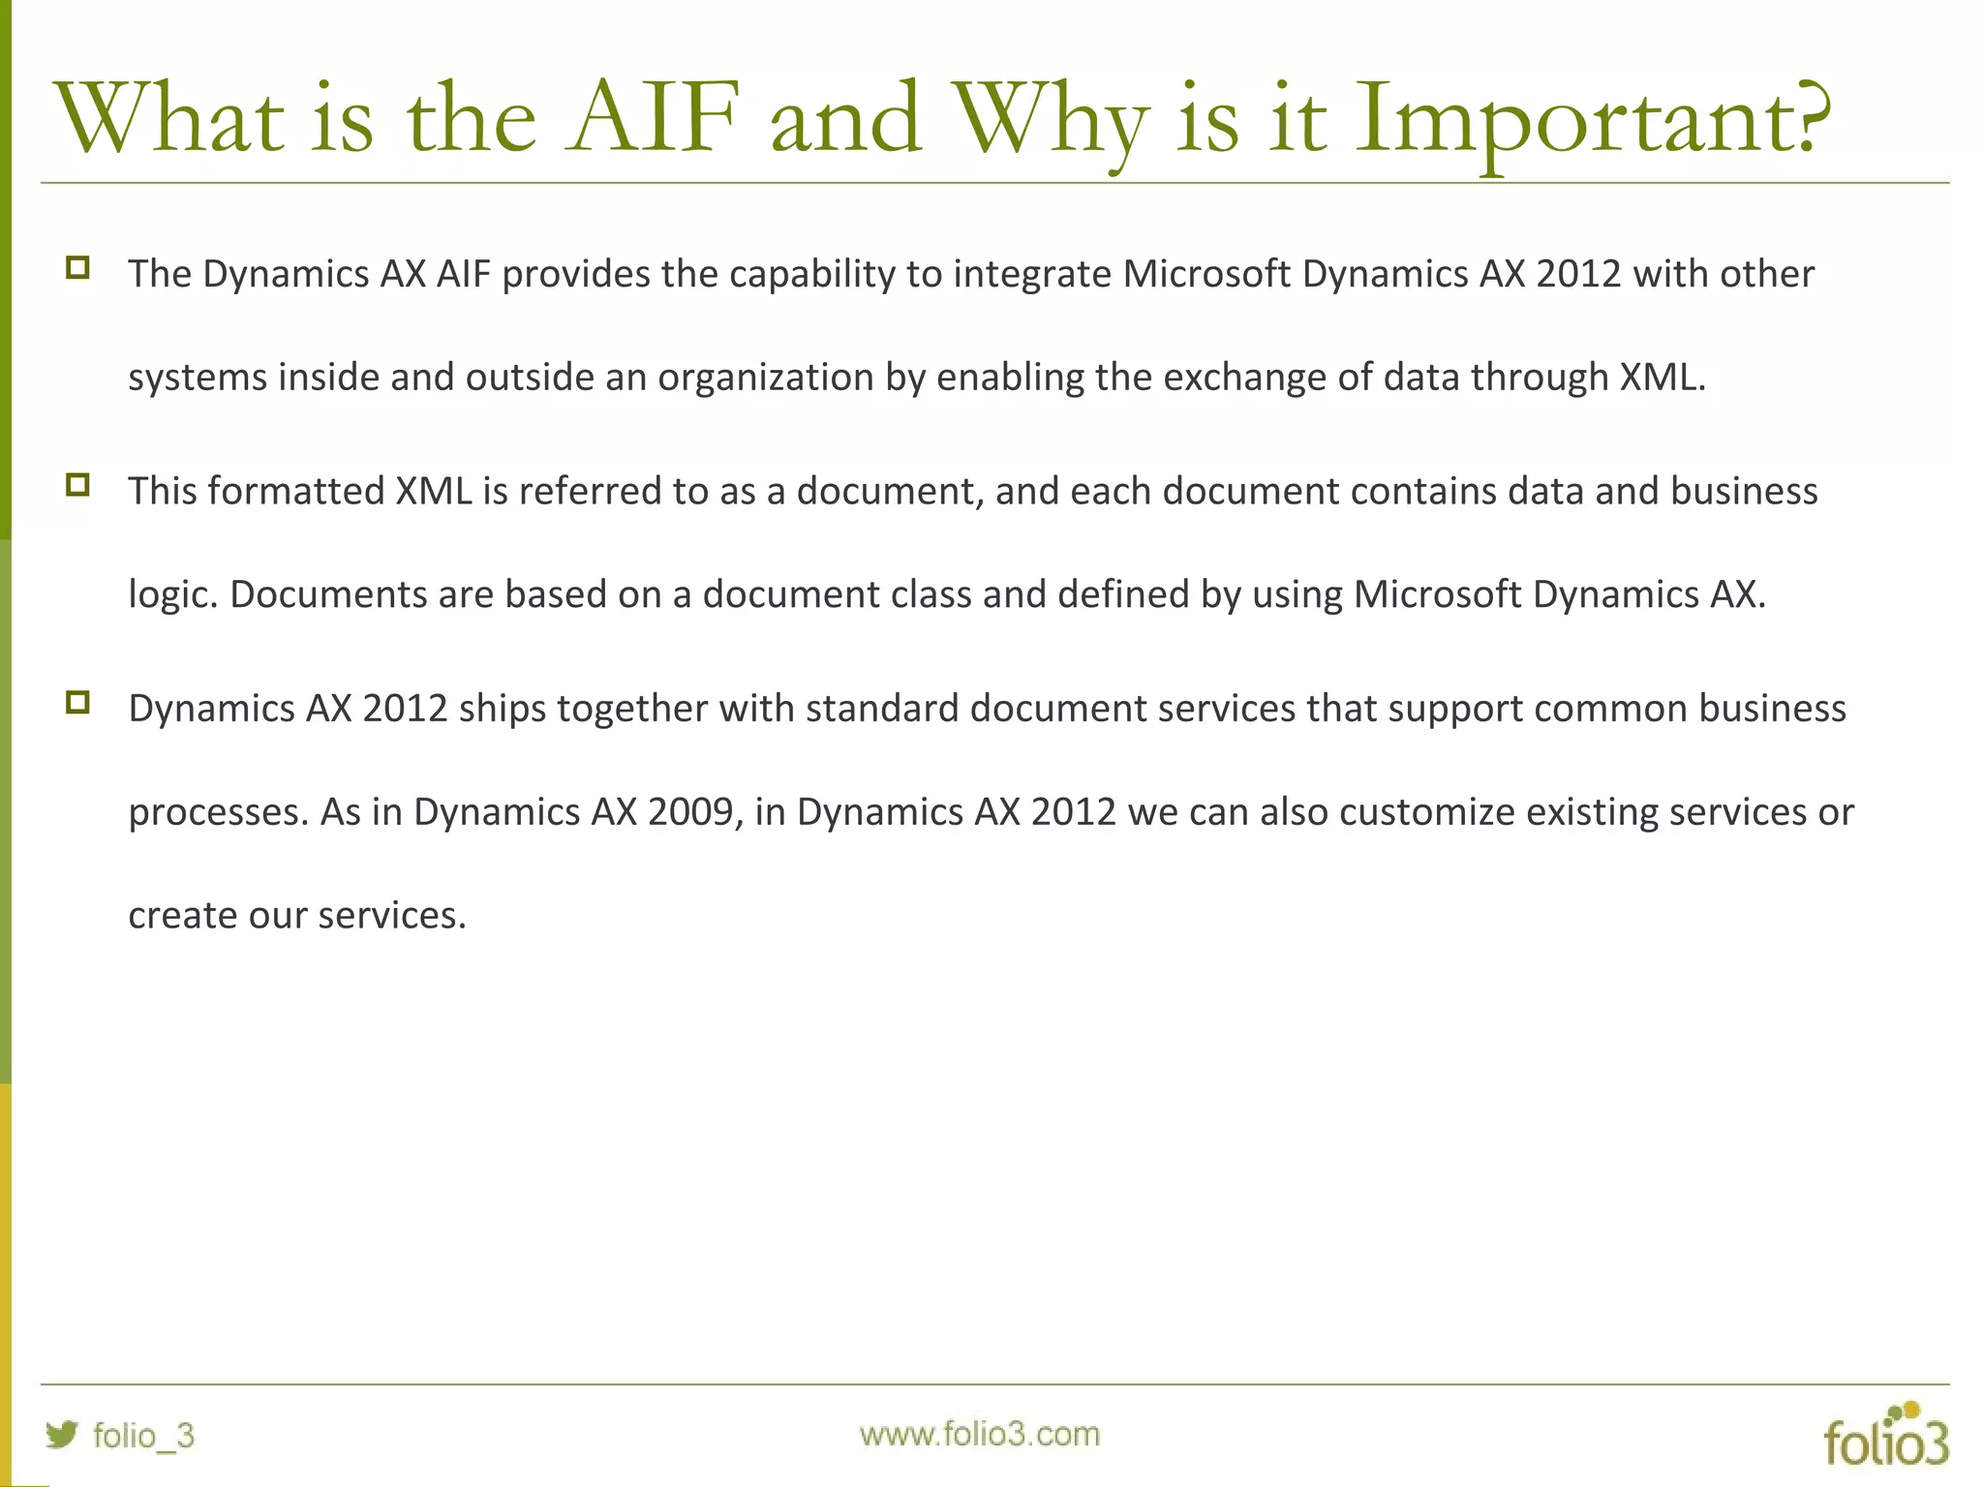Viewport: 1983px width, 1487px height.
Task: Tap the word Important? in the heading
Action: (x=1593, y=121)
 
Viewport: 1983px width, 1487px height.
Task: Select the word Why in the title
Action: (x=1051, y=121)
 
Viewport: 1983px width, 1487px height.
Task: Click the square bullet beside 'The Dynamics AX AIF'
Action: (x=78, y=268)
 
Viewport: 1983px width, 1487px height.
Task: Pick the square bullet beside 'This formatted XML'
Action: (x=78, y=485)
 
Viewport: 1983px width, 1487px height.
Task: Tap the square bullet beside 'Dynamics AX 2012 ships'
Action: (x=78, y=703)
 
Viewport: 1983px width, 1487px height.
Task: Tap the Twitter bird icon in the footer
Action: (x=62, y=1435)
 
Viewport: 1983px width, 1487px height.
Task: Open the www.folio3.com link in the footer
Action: (x=979, y=1434)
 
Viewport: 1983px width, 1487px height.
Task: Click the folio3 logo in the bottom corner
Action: (x=1885, y=1436)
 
